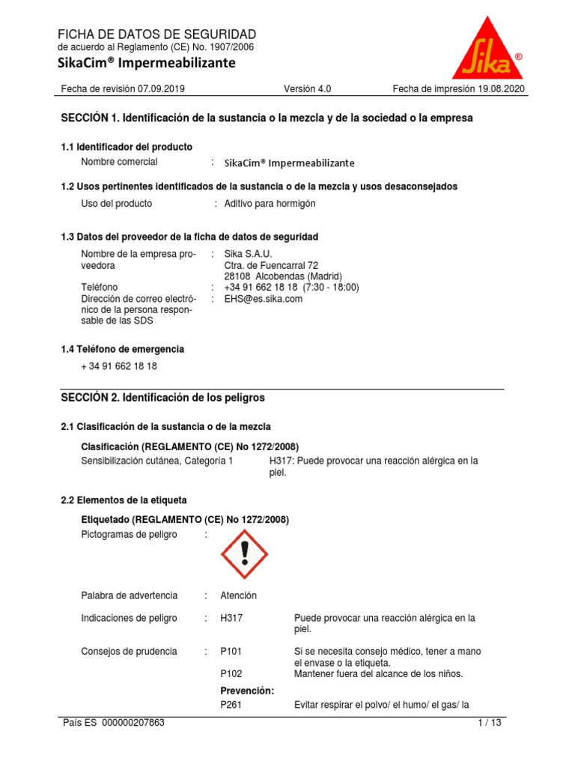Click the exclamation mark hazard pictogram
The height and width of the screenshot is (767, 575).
click(x=244, y=554)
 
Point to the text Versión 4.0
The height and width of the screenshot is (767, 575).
click(x=307, y=89)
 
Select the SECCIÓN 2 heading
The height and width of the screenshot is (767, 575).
click(x=162, y=398)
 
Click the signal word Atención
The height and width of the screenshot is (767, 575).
click(x=238, y=595)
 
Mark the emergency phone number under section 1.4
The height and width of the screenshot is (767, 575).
click(x=119, y=366)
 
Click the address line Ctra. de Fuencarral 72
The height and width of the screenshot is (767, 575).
click(x=271, y=265)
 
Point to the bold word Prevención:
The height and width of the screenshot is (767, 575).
click(x=247, y=691)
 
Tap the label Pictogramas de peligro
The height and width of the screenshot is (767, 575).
click(x=129, y=534)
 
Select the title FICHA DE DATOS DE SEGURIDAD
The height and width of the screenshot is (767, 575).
click(x=157, y=34)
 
